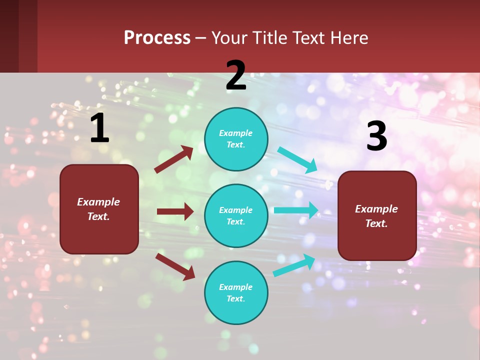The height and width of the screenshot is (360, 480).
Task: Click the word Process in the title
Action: (x=157, y=37)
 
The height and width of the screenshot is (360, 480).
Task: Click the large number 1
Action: (x=99, y=128)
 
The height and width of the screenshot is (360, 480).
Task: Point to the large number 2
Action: (x=236, y=76)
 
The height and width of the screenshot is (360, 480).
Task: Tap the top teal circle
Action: (x=236, y=139)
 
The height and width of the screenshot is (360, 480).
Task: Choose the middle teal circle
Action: (x=236, y=215)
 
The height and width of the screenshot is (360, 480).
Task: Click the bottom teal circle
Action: (x=236, y=292)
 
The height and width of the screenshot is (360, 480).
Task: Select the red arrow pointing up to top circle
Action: (x=173, y=159)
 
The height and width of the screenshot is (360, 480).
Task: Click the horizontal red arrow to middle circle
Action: (x=175, y=211)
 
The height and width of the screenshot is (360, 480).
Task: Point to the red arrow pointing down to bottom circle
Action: (x=175, y=266)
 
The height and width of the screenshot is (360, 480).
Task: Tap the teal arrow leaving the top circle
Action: (x=297, y=160)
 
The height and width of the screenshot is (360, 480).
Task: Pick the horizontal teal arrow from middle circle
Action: (x=296, y=210)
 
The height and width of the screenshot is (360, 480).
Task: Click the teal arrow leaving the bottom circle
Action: (x=294, y=265)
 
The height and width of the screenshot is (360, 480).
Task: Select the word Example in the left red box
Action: (x=98, y=202)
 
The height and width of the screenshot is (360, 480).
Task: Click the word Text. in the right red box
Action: (x=376, y=223)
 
